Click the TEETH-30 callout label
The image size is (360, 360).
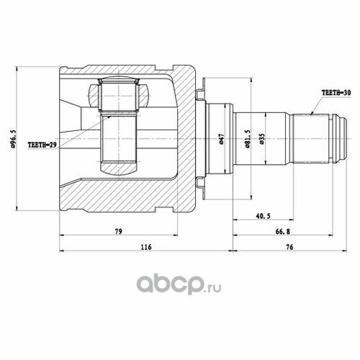336,93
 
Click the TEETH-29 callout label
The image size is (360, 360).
42,145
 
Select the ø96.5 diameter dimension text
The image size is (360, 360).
14,138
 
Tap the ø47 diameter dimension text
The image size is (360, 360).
222,139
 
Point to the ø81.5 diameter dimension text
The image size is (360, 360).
248,139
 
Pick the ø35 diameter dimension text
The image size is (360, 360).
262,139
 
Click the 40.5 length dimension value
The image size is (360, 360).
263,216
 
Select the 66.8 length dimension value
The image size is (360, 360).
283,231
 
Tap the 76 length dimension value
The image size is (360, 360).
289,247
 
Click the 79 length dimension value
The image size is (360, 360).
119,231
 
